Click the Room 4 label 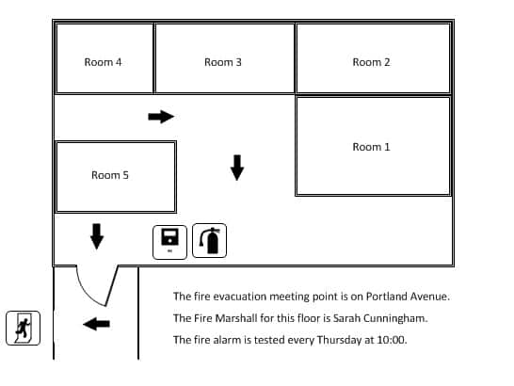(103, 62)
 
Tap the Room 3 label (223, 62)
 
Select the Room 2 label (371, 62)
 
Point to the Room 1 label (371, 147)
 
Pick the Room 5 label (110, 175)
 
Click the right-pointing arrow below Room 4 (161, 117)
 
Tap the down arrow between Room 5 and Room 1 (237, 168)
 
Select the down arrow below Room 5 (97, 236)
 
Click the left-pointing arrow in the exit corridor (96, 324)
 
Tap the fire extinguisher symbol (209, 241)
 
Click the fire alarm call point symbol (169, 242)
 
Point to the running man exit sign (23, 328)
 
